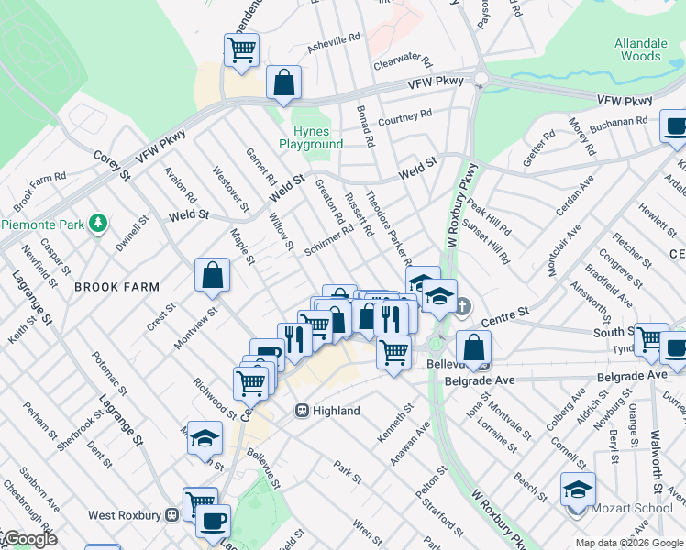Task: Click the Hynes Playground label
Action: [x=311, y=137]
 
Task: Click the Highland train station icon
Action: [x=301, y=411]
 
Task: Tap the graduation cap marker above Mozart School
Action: [x=578, y=489]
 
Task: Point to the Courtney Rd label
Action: [x=404, y=117]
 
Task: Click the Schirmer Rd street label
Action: [x=329, y=246]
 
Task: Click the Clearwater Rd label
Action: [x=403, y=62]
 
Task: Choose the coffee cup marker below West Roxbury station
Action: [x=214, y=521]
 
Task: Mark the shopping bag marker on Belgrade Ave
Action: [x=474, y=347]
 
